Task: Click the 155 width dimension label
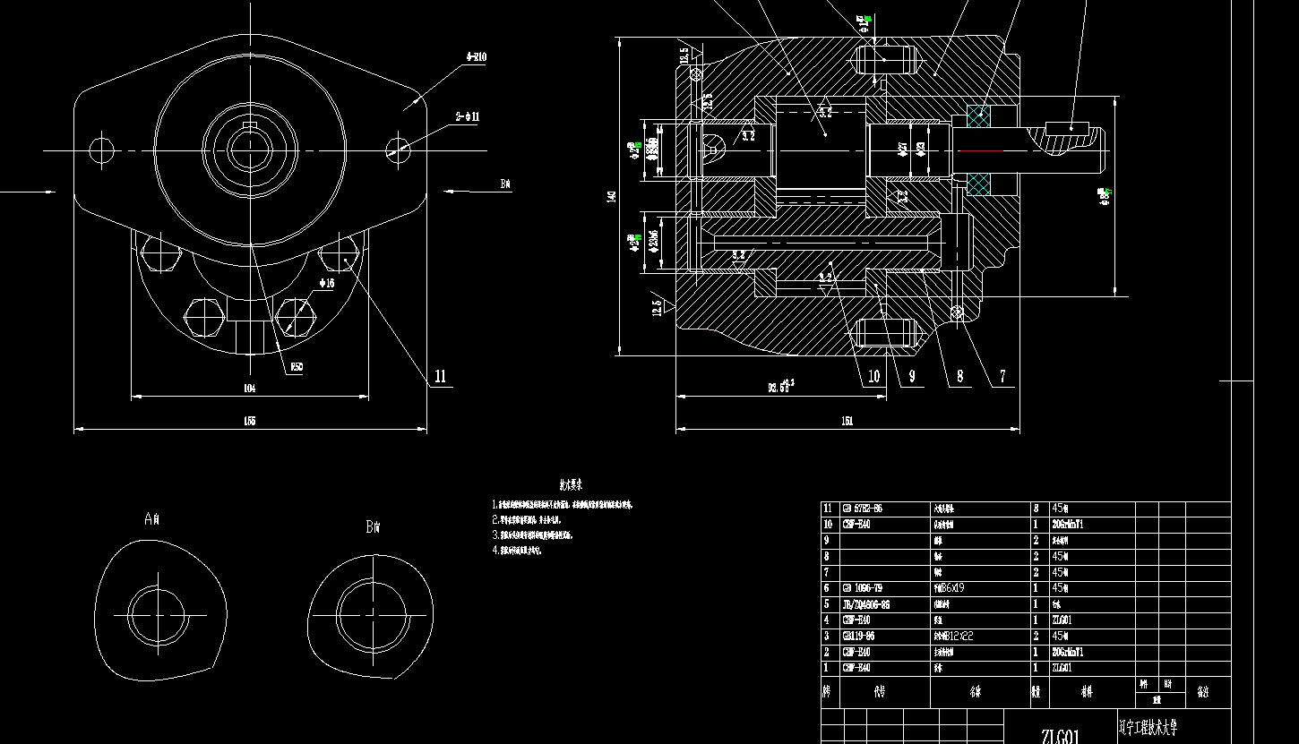click(249, 421)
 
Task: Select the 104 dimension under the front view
click(249, 388)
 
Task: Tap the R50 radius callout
click(297, 367)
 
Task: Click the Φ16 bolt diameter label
click(327, 283)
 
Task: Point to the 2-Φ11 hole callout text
click(468, 117)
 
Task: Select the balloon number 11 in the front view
click(440, 377)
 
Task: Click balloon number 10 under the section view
click(873, 377)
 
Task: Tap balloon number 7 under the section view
click(1002, 377)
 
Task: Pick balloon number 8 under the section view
click(959, 377)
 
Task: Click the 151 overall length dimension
click(847, 421)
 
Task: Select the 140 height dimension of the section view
click(613, 196)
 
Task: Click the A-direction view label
click(151, 518)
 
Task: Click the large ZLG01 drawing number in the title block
click(1061, 736)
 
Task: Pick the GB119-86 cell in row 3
click(858, 637)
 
